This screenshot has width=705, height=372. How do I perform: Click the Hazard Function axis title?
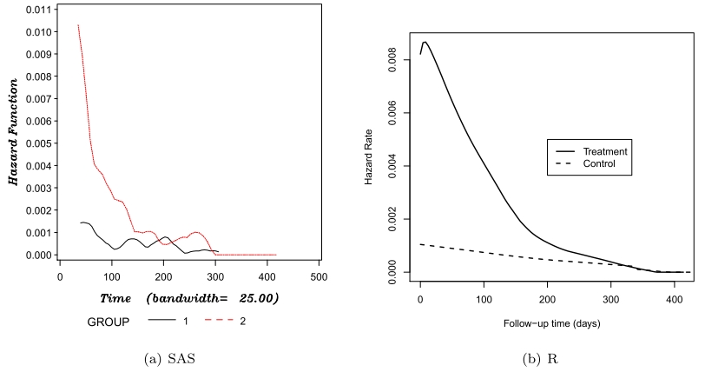click(12, 131)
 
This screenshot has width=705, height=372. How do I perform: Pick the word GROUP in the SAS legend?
click(109, 322)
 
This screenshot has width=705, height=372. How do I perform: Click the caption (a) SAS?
click(178, 359)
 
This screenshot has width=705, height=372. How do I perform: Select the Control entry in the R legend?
click(599, 163)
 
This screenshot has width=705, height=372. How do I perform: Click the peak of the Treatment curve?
click(425, 42)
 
